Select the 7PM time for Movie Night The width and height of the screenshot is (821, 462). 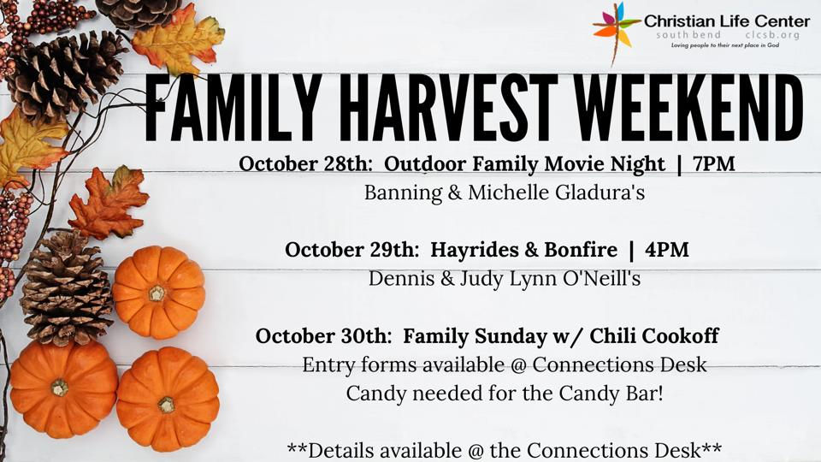coord(714,163)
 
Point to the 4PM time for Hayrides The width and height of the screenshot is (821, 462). coord(667,250)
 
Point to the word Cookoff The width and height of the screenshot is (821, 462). coord(677,336)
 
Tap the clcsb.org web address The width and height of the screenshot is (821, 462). coord(772,35)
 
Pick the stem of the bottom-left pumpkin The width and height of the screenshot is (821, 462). coord(59,388)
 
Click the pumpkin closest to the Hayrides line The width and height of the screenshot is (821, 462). coord(158,293)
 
